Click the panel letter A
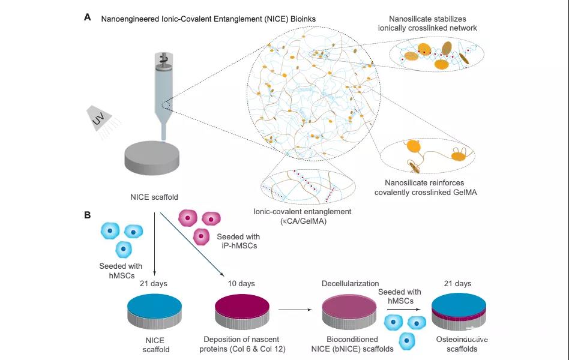coord(88,17)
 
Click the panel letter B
coord(88,215)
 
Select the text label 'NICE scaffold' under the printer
coord(154,197)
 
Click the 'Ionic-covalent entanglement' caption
coord(303,216)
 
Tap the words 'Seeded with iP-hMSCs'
coord(239,241)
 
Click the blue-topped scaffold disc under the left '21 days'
coord(155,311)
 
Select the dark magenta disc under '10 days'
coord(242,311)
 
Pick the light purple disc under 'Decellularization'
coord(349,311)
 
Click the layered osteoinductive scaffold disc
coord(459,311)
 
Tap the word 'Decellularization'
coord(350,283)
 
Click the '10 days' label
coord(241,283)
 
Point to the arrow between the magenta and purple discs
coord(295,310)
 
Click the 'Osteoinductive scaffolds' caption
coord(462,344)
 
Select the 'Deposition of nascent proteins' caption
coord(242,344)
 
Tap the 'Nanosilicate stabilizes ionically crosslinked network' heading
coord(427,23)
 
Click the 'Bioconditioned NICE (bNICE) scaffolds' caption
coord(352,344)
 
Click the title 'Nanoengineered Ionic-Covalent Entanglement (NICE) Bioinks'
coord(208,19)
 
